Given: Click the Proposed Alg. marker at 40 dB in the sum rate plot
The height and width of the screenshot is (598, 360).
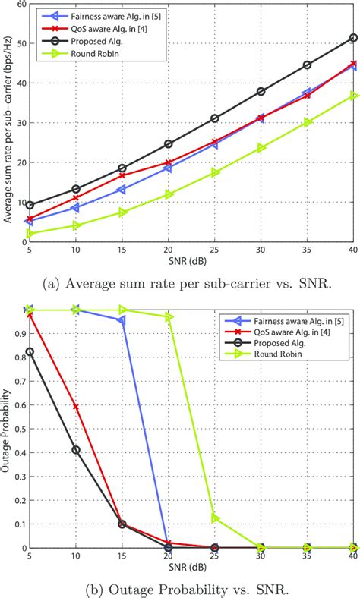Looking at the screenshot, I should [353, 37].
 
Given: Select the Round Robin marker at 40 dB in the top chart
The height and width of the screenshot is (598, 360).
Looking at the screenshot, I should [353, 95].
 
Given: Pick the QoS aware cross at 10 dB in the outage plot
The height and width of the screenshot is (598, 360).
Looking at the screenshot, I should [76, 407].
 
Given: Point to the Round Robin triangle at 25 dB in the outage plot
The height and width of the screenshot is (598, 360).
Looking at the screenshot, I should [215, 518].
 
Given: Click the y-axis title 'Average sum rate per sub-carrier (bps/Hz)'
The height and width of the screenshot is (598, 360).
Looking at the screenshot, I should [7, 125].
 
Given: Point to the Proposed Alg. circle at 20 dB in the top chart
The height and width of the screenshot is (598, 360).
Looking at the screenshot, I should [169, 143].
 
